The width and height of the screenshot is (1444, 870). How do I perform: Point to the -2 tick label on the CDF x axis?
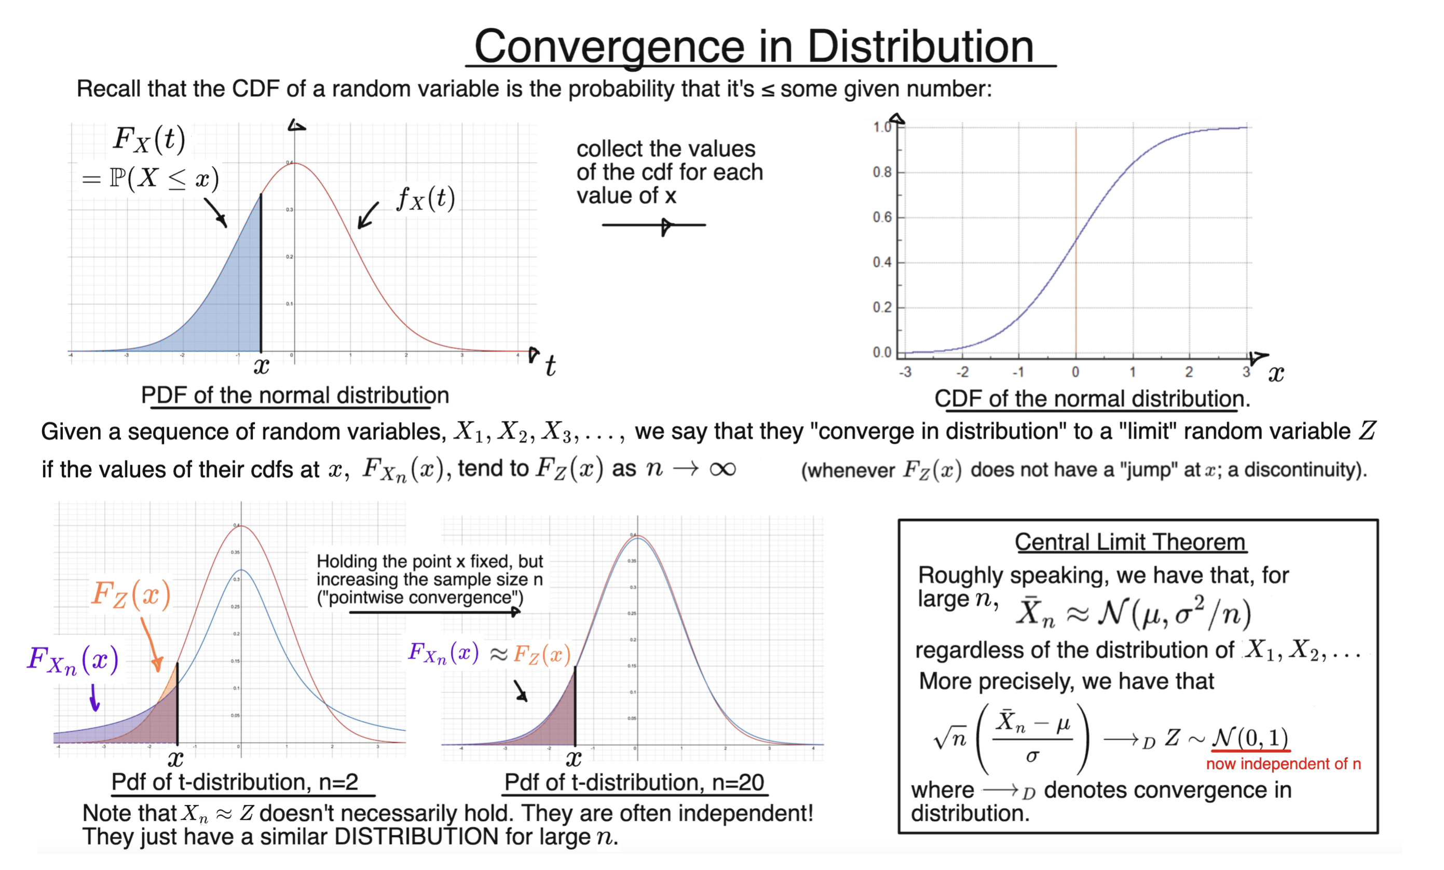pyautogui.click(x=962, y=372)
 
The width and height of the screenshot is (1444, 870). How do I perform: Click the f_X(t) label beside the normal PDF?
pyautogui.click(x=426, y=199)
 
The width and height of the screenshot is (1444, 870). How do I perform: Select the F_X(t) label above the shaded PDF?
pyautogui.click(x=149, y=140)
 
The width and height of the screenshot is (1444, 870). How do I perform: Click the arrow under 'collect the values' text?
pyautogui.click(x=653, y=225)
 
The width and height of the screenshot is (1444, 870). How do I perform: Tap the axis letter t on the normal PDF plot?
pyautogui.click(x=550, y=366)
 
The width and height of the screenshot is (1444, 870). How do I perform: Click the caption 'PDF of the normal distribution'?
pyautogui.click(x=295, y=396)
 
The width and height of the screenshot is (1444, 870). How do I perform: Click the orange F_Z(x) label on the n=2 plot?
pyautogui.click(x=131, y=595)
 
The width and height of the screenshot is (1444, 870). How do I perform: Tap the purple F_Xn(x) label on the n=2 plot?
pyautogui.click(x=73, y=661)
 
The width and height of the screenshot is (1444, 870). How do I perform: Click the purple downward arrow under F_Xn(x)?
pyautogui.click(x=94, y=699)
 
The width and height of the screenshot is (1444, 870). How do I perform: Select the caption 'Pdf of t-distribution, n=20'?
pyautogui.click(x=634, y=783)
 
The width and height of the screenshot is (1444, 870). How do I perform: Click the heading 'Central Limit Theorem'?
pyautogui.click(x=1130, y=542)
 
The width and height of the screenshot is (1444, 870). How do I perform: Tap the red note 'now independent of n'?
pyautogui.click(x=1283, y=764)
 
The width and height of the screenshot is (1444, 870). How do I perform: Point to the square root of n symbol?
pyautogui.click(x=950, y=739)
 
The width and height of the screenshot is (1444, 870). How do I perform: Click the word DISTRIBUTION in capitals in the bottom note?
pyautogui.click(x=416, y=837)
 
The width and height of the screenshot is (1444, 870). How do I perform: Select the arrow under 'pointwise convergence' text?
pyautogui.click(x=434, y=613)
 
